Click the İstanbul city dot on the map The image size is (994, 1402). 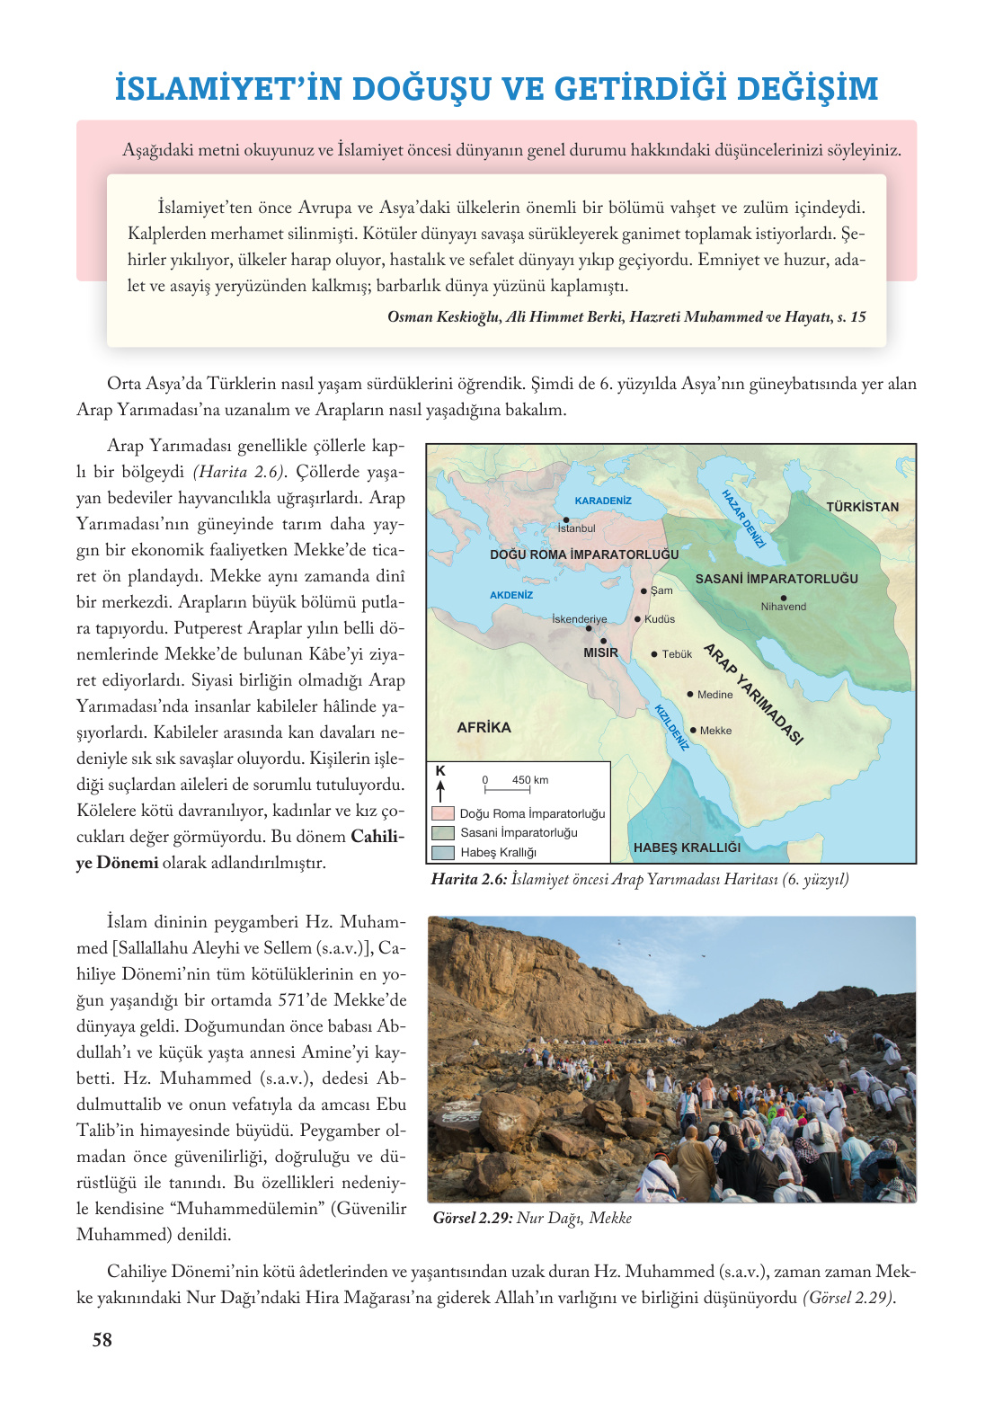pos(566,519)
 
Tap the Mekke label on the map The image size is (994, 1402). pos(715,731)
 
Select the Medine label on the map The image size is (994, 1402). pos(714,695)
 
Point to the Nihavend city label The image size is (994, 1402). pos(784,607)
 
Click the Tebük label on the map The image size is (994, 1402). pos(677,654)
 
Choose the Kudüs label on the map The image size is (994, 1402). pos(660,619)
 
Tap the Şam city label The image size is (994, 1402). pos(661,590)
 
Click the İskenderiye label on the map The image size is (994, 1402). pos(580,619)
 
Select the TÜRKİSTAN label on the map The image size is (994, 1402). pos(862,507)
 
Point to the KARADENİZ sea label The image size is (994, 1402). pos(603,501)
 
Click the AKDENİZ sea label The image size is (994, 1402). pos(511,595)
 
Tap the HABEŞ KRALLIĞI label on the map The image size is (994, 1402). pos(687,847)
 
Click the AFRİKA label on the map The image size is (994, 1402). pos(484,727)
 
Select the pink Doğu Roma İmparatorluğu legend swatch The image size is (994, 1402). pos(443,813)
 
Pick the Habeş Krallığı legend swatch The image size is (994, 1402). pos(443,852)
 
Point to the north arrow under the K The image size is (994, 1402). pos(440,791)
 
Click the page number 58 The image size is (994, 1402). pos(102,1340)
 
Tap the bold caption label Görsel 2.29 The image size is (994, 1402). pos(473,1218)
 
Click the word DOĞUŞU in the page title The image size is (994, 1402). pos(422,89)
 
